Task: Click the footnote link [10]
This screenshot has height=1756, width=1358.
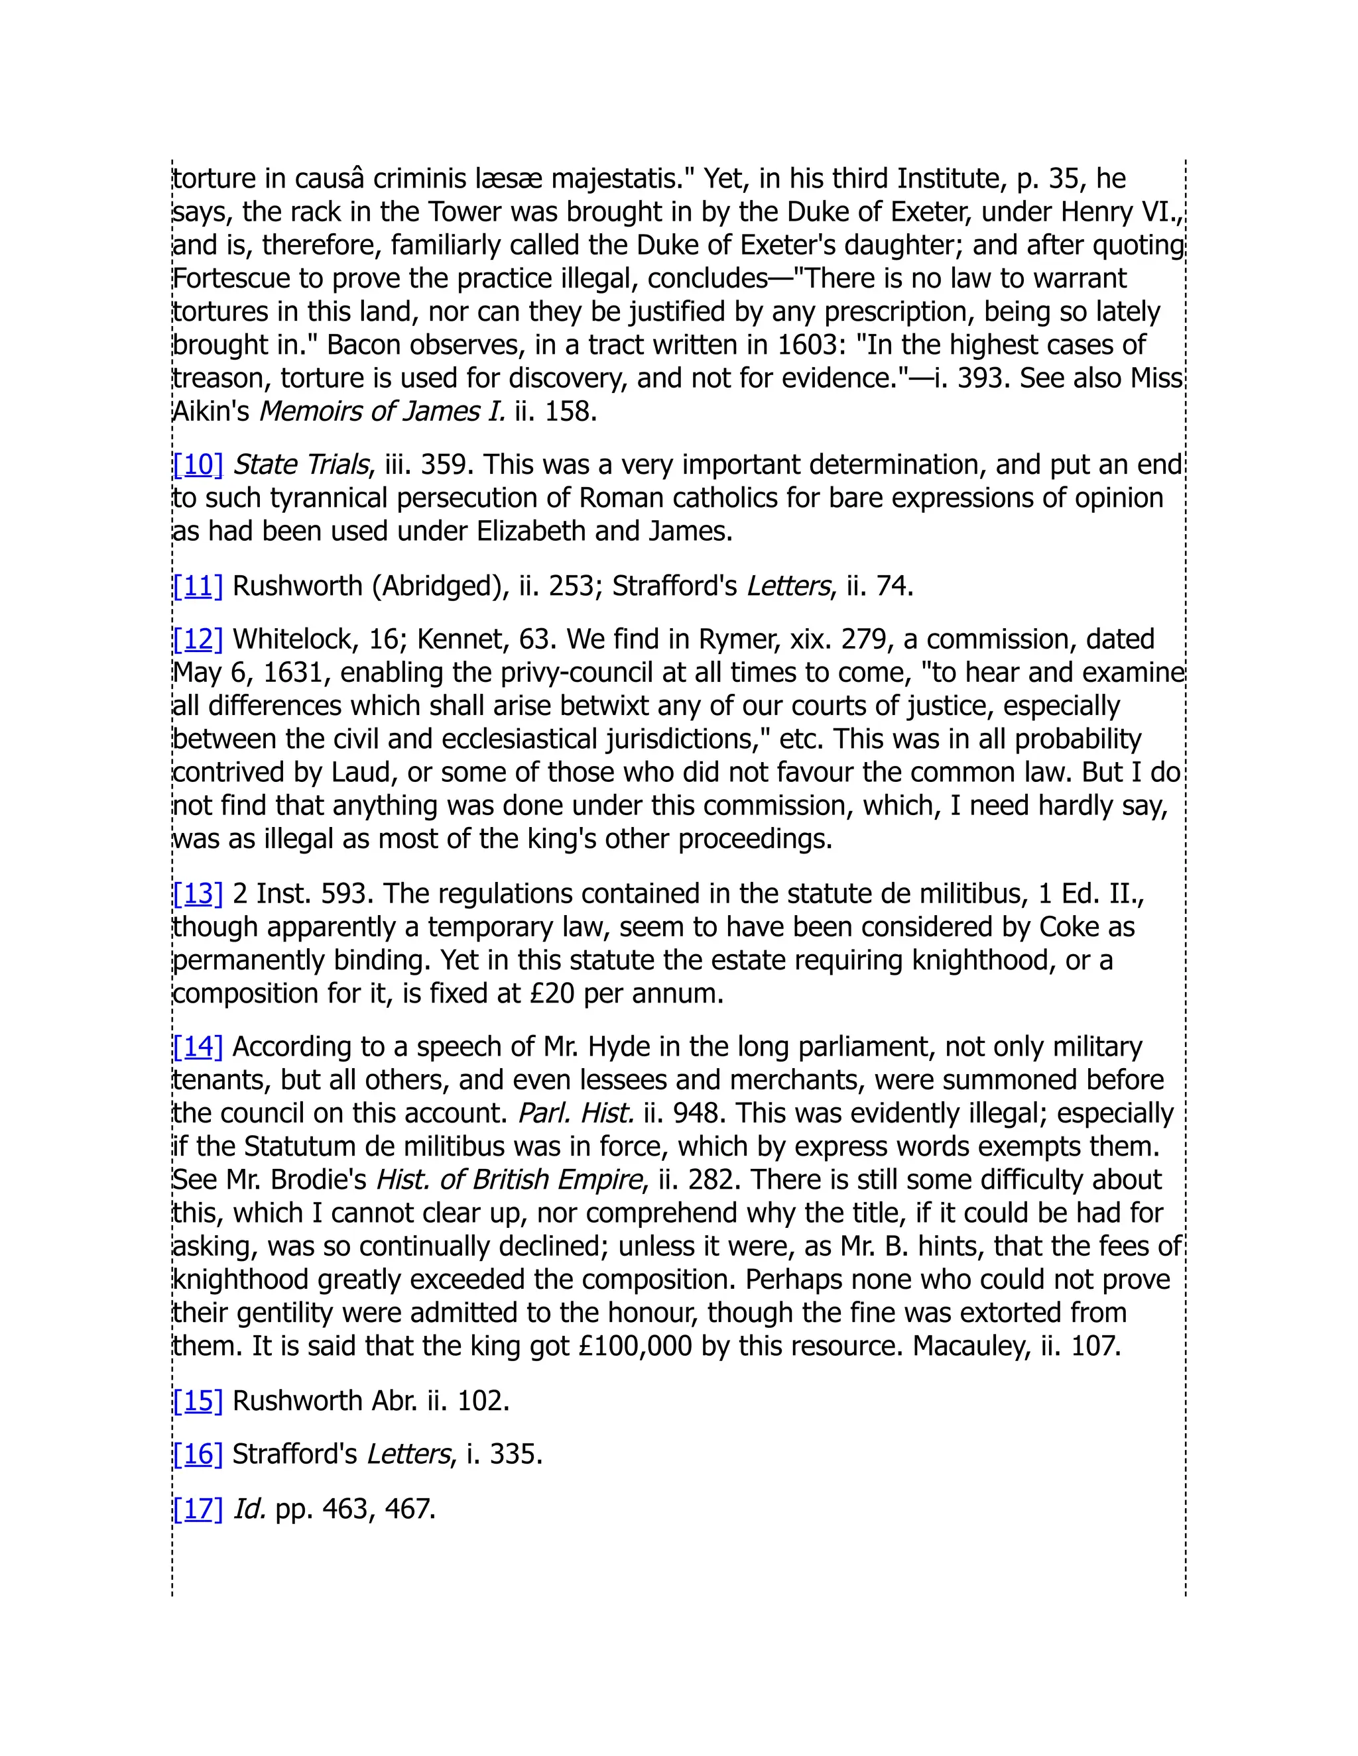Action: point(198,465)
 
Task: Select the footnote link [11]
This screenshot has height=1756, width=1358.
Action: point(198,586)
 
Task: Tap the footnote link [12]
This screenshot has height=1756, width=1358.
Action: point(198,639)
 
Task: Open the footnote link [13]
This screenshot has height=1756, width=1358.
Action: point(198,893)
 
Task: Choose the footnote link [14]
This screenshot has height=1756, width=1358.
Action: point(198,1047)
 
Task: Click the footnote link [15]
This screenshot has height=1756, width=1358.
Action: point(198,1401)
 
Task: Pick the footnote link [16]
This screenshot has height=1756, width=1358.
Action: point(198,1454)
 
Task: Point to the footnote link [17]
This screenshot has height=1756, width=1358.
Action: point(198,1508)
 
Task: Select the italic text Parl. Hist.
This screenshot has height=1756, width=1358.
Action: point(576,1114)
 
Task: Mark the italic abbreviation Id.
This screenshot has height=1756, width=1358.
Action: point(249,1508)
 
